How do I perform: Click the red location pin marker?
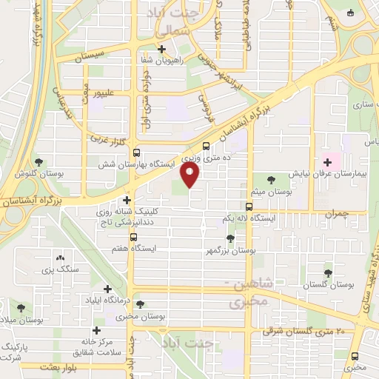(x=190, y=175)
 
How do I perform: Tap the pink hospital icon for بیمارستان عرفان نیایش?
(x=327, y=161)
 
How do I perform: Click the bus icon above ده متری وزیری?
(x=205, y=145)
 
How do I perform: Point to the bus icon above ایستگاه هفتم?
(x=133, y=238)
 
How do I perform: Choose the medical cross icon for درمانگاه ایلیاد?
(x=108, y=289)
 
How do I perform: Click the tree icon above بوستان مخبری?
(x=140, y=304)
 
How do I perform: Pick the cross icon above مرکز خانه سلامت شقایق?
(x=96, y=330)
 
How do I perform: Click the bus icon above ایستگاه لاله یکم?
(x=249, y=207)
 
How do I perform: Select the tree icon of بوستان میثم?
(x=272, y=178)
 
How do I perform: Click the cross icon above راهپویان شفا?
(x=161, y=49)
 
